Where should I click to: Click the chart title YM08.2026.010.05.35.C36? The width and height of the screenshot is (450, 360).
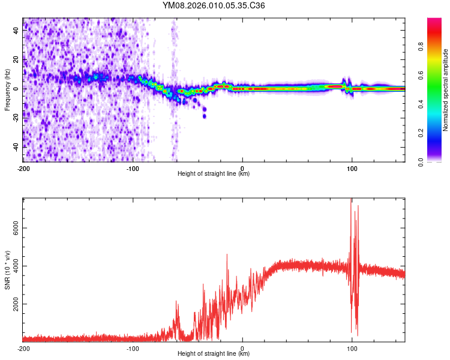click(214, 6)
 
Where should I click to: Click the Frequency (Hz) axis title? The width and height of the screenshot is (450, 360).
click(7, 89)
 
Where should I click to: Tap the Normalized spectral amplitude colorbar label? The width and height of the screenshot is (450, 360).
click(445, 89)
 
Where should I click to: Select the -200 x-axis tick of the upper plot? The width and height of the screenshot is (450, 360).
click(24, 169)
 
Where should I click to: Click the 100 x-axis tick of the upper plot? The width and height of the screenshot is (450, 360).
click(352, 169)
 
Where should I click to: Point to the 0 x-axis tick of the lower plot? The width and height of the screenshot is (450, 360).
click(242, 348)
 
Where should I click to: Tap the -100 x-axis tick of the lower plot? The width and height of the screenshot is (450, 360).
click(133, 348)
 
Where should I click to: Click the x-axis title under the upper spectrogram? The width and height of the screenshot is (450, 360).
click(214, 174)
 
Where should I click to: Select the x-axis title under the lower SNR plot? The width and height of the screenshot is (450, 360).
click(214, 354)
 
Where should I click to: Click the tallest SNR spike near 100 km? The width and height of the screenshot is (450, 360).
click(351, 201)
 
